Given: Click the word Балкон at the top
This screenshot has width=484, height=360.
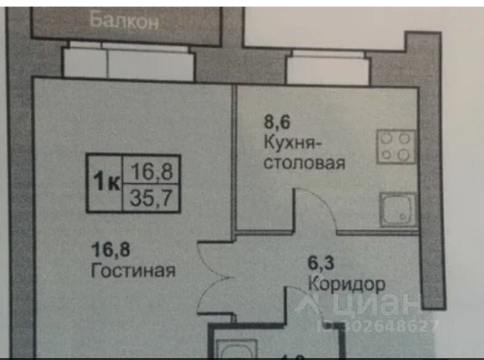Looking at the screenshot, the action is pos(124,20).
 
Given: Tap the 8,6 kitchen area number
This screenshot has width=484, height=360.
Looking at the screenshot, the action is pos(277,120).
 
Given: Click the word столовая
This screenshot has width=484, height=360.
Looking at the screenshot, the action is pos(303,162).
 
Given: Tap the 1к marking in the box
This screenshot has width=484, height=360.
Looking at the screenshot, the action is pos(105,181).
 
